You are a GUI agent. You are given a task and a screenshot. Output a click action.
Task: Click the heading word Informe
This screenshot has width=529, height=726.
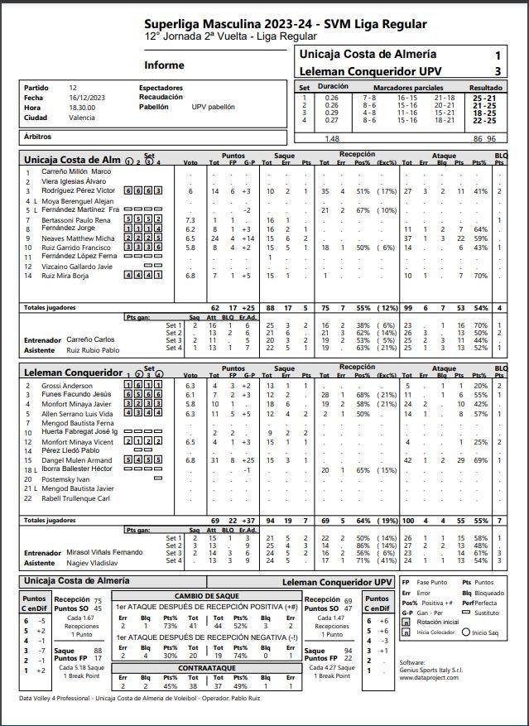(165, 65)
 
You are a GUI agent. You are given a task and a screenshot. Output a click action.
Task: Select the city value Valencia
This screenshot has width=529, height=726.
(82, 118)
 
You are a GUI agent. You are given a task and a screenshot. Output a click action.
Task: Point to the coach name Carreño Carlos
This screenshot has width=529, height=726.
(90, 340)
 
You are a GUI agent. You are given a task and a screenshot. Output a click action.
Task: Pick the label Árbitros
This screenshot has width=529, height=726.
(38, 136)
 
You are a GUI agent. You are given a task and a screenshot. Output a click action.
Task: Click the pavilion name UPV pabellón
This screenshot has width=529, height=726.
(213, 107)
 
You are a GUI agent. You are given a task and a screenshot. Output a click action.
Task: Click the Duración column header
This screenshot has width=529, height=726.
(333, 86)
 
